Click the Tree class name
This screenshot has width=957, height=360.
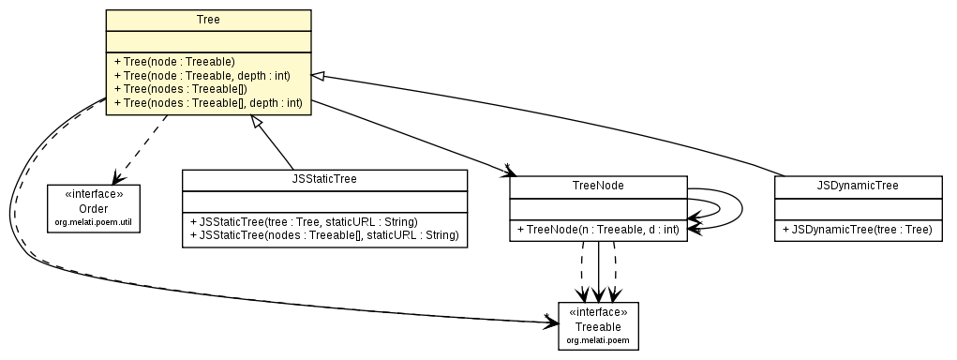click(x=208, y=19)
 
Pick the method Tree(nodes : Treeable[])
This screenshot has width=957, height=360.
click(x=179, y=88)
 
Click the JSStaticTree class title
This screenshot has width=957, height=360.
click(x=324, y=179)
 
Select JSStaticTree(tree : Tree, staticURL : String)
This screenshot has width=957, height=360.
click(x=303, y=222)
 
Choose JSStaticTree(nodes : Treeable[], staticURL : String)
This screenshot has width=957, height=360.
click(x=324, y=235)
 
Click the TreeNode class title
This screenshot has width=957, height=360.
click(x=598, y=186)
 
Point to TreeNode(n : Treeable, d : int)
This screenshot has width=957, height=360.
click(x=597, y=229)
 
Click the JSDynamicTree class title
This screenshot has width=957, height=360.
click(x=858, y=186)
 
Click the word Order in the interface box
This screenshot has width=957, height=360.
click(x=93, y=208)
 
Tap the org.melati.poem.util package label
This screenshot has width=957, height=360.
click(x=93, y=222)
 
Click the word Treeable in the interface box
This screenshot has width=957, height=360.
click(x=598, y=325)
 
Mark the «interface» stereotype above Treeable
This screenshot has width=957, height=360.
click(x=598, y=312)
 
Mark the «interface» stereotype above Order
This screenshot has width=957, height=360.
click(x=93, y=195)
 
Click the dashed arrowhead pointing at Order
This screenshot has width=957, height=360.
click(x=116, y=179)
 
